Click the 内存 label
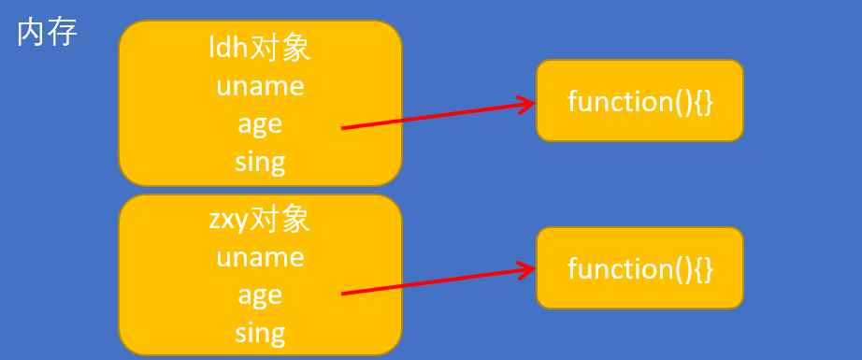coord(47,33)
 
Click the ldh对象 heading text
coord(260,48)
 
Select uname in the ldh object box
coord(260,85)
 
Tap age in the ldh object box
coord(260,123)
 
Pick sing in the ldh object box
coord(260,161)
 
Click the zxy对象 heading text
coord(260,220)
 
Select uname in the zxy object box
coord(260,256)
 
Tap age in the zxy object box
coord(260,295)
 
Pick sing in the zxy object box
coord(260,332)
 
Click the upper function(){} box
coord(639,101)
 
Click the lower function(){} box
coord(639,268)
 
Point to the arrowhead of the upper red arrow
coord(530,103)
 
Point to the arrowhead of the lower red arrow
coord(530,270)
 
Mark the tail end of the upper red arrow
coord(343,128)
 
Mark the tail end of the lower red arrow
coord(343,295)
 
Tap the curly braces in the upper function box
coord(703,101)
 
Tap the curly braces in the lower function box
coord(703,268)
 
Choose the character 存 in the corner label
coord(62,33)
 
